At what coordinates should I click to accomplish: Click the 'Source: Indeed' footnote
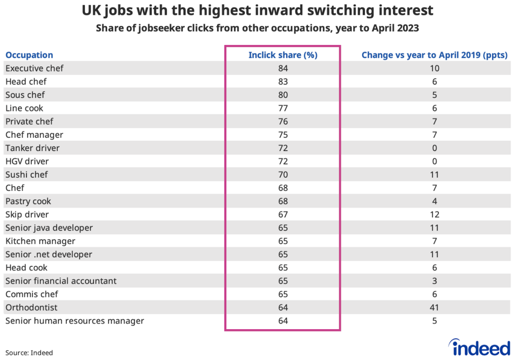coord(29,352)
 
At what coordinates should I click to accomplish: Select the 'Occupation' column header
coord(29,55)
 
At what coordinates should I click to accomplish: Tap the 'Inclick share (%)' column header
coord(283,55)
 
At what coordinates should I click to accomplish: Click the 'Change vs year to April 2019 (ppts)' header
coord(435,55)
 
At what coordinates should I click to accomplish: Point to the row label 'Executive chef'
coord(34,68)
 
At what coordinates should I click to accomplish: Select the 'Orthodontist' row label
coord(31,307)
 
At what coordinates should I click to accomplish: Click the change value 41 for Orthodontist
coord(435,307)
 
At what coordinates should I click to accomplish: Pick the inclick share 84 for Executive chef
coord(283,68)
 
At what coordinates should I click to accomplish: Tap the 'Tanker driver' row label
coord(32,148)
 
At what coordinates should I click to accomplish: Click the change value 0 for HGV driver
coord(435,162)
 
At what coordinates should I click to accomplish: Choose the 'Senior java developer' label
coord(49,228)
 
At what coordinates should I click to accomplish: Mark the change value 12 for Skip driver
coord(435,214)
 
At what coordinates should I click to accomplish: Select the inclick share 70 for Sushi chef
coord(283,175)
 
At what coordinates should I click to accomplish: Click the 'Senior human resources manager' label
coord(75,321)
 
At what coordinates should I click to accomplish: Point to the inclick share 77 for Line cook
coord(283,108)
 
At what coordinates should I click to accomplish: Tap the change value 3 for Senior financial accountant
coord(435,281)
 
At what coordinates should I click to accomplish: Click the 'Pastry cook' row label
coord(28,201)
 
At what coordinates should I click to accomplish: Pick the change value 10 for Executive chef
coord(435,68)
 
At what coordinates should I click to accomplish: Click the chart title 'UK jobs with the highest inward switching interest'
coord(257,11)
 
